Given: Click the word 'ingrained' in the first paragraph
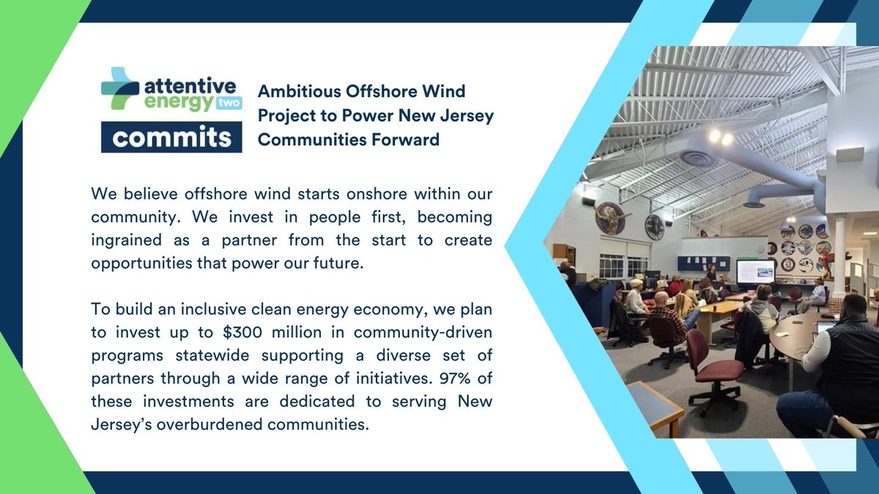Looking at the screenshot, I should point(125,241).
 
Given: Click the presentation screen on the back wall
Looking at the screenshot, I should point(754,271).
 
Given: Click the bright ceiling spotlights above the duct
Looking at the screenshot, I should point(719,137).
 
